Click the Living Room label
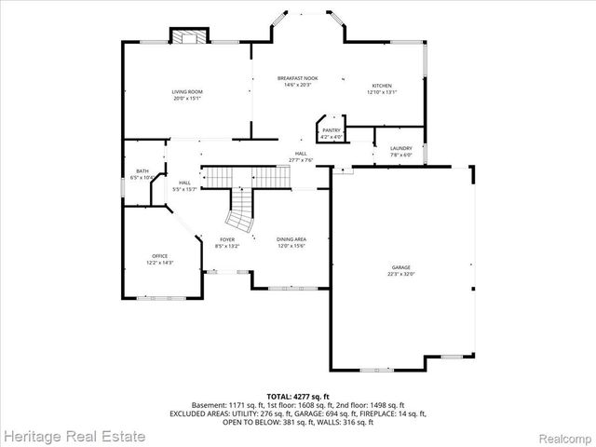pyautogui.click(x=186, y=91)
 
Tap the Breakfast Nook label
pyautogui.click(x=298, y=78)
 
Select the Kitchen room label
pyautogui.click(x=382, y=86)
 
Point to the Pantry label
pyautogui.click(x=331, y=130)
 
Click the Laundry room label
pyautogui.click(x=401, y=148)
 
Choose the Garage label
pyautogui.click(x=400, y=267)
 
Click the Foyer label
pyautogui.click(x=227, y=239)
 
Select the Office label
pyautogui.click(x=159, y=257)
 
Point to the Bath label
pyautogui.click(x=142, y=170)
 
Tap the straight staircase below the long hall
pyautogui.click(x=241, y=176)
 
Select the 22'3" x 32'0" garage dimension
pyautogui.click(x=400, y=274)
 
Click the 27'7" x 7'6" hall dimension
pyautogui.click(x=301, y=160)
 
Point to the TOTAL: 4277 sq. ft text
pyautogui.click(x=298, y=397)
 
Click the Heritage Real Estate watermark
pyautogui.click(x=74, y=436)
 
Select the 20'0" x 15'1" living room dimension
pyautogui.click(x=186, y=98)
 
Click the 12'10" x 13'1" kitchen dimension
pyautogui.click(x=382, y=92)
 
